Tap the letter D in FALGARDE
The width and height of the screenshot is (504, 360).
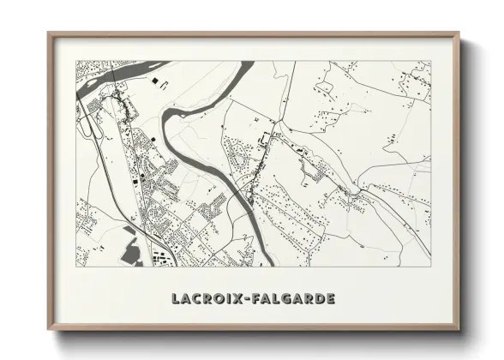pyautogui.click(x=318, y=299)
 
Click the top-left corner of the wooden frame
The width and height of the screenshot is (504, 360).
pyautogui.click(x=49, y=33)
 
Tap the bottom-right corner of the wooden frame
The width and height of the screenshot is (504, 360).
pyautogui.click(x=459, y=329)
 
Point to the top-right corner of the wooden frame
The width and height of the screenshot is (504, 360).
pyautogui.click(x=459, y=33)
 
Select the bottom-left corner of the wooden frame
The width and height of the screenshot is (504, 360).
pyautogui.click(x=49, y=329)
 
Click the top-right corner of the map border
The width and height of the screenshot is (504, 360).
pyautogui.click(x=430, y=61)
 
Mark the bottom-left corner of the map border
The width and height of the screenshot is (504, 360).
pyautogui.click(x=76, y=267)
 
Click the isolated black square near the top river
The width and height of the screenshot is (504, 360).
pyautogui.click(x=155, y=81)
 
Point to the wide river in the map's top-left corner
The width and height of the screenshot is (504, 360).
pyautogui.click(x=111, y=72)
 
